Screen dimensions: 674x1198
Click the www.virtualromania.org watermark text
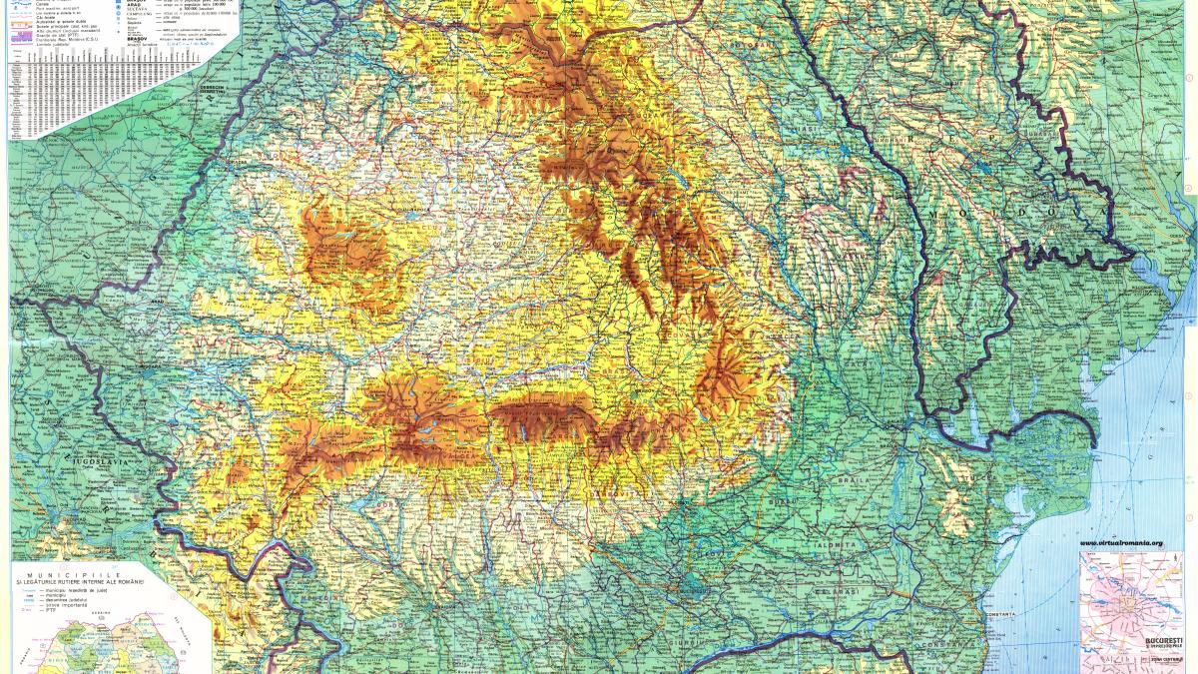coord(1121,543)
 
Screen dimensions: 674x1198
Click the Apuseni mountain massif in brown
coord(339,250)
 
